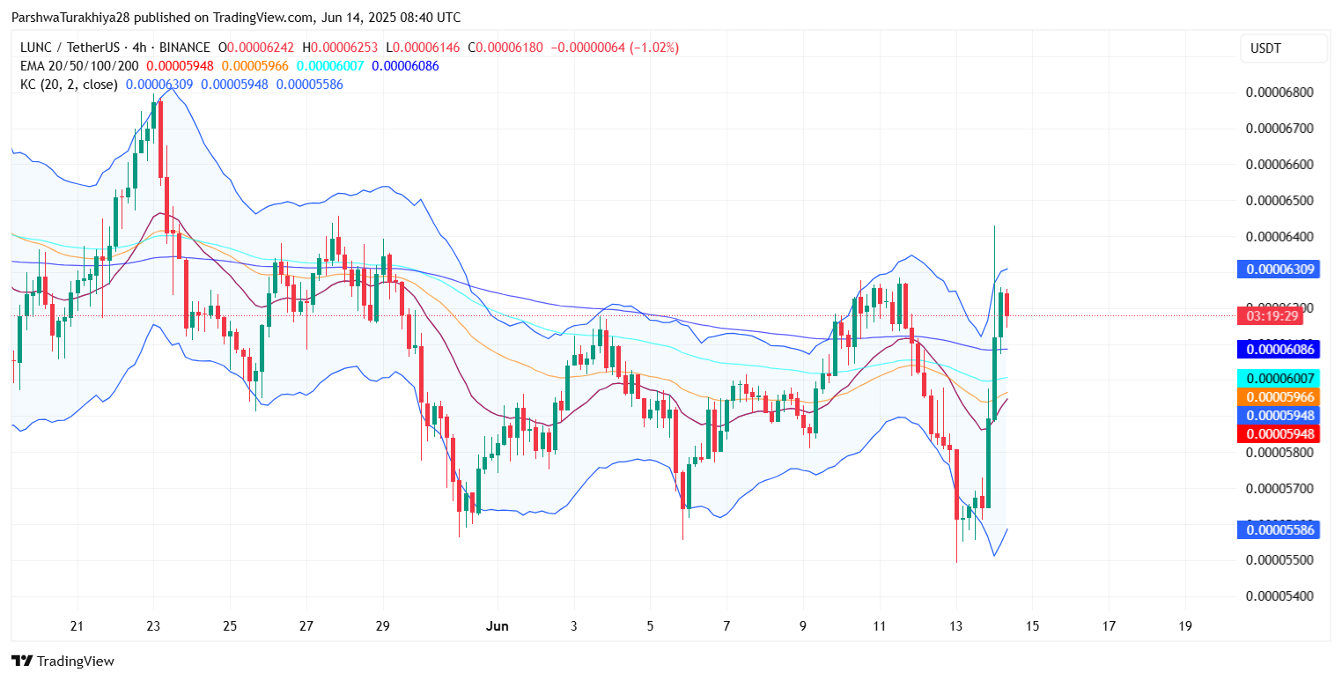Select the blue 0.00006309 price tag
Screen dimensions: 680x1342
tap(1278, 270)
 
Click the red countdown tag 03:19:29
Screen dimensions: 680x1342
tap(1278, 315)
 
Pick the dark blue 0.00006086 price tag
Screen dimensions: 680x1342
tap(1278, 350)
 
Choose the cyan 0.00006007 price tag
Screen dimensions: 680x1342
tap(1278, 379)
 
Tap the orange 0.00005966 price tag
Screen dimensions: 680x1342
tap(1278, 397)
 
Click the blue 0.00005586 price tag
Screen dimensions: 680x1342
tap(1278, 530)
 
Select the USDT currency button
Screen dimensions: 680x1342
tap(1283, 49)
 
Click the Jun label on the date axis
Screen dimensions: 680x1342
tap(498, 626)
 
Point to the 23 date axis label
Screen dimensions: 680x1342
tap(153, 626)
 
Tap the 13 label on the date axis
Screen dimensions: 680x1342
tap(955, 626)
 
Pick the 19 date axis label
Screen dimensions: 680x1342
tap(1184, 626)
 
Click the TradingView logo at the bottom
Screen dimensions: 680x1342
tap(63, 662)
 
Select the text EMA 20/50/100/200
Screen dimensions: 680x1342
tap(79, 66)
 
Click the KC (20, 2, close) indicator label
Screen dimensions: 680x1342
tap(69, 85)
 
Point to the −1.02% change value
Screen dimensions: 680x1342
tap(653, 48)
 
